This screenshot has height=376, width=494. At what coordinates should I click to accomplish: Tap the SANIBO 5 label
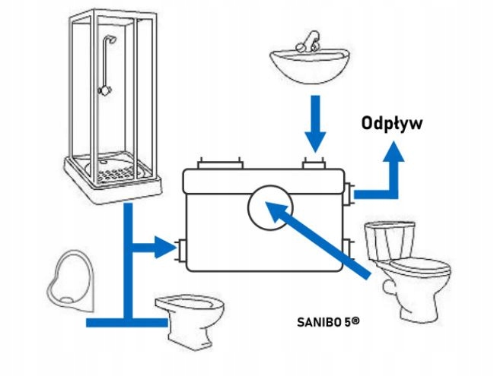(328, 321)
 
